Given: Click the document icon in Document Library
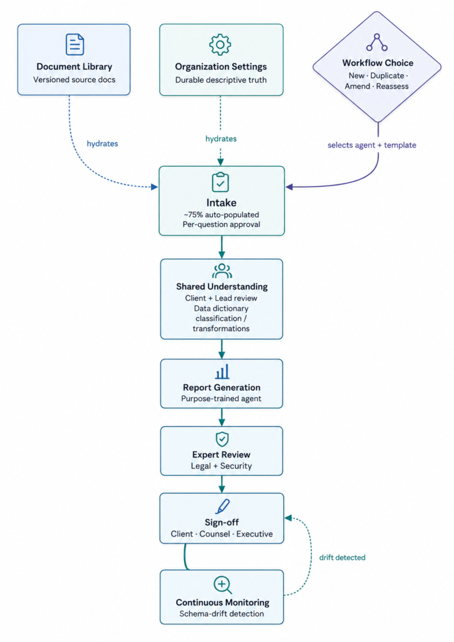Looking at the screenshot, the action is [75, 45].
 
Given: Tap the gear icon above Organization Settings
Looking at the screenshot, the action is [220, 45].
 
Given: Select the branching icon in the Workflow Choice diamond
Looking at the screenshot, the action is [377, 42].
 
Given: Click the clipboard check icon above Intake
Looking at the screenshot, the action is [220, 182].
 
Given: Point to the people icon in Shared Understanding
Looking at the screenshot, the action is [222, 271].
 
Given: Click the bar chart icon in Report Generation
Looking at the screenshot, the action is [222, 372].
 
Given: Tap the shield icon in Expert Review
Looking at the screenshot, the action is [222, 439].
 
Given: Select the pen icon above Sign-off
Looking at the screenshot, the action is [222, 506].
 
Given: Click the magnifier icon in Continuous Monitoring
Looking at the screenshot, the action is [223, 585].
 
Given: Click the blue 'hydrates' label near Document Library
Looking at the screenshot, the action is [102, 144].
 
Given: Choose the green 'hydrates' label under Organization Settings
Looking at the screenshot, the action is [221, 139].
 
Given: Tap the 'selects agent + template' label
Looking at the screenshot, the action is [372, 145].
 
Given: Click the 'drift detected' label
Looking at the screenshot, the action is [343, 557].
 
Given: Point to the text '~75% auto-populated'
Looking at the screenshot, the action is [221, 214].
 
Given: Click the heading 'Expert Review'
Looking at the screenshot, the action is [221, 455].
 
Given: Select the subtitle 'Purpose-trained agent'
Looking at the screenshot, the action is [221, 398].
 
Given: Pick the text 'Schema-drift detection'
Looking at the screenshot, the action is [222, 613].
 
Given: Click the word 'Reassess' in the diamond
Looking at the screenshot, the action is [392, 86].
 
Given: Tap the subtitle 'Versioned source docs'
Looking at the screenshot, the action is [75, 80].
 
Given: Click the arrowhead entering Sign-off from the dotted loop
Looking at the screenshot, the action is [288, 518].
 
